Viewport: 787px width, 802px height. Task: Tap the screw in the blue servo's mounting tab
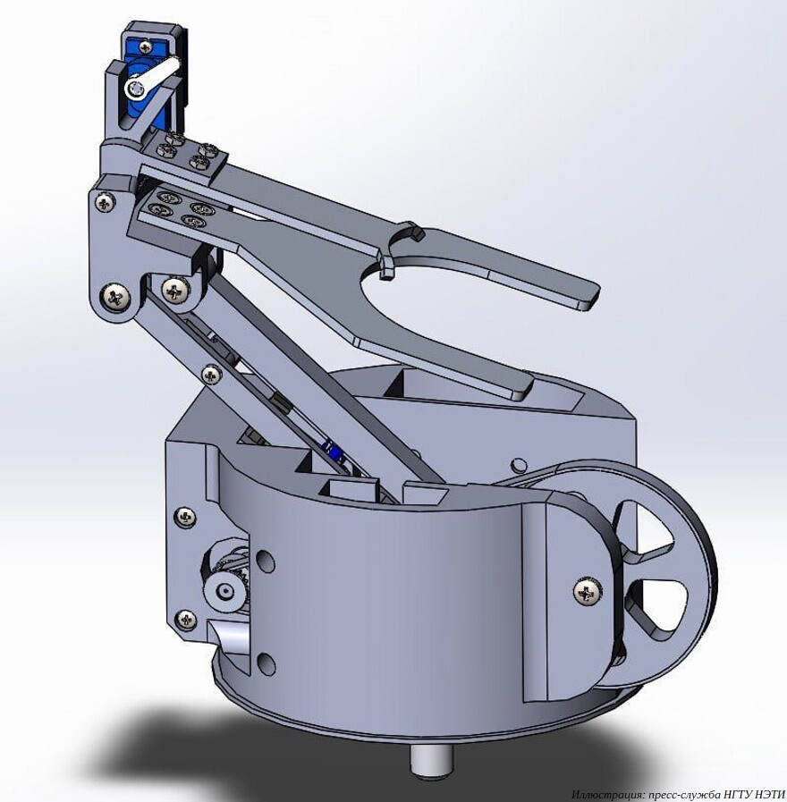click(148, 47)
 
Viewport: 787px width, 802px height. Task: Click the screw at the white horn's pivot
click(135, 89)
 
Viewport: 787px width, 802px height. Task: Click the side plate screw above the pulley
click(184, 519)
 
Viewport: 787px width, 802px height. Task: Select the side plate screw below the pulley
click(185, 620)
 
